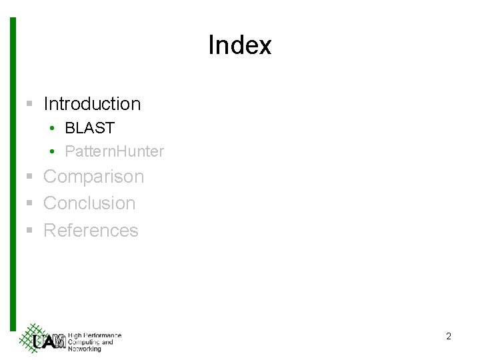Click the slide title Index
[x=239, y=45]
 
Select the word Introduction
[x=92, y=104]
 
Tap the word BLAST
[x=89, y=127]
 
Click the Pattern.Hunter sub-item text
[x=114, y=151]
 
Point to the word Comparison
[x=93, y=177]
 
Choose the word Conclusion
[x=89, y=203]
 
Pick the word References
[x=91, y=231]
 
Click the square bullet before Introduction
[x=29, y=104]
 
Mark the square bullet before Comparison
[x=29, y=177]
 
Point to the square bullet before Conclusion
[x=29, y=203]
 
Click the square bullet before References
[x=29, y=231]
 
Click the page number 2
[x=449, y=337]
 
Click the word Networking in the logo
[x=85, y=349]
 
